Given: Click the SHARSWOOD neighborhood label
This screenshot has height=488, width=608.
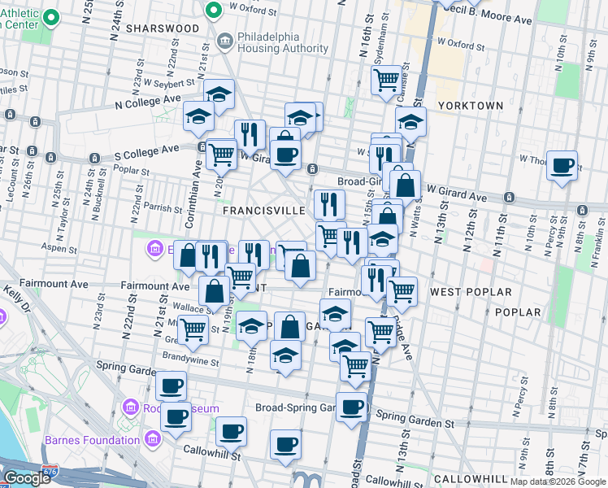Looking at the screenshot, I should point(163,28).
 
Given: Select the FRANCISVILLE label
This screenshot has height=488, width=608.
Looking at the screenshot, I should point(264,210).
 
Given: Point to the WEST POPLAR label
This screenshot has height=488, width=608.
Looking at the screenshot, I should point(471,291).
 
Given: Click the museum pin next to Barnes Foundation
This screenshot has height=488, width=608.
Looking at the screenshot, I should point(152,440).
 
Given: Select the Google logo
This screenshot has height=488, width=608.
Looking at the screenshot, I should point(28,478).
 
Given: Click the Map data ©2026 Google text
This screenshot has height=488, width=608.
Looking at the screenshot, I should point(558,481).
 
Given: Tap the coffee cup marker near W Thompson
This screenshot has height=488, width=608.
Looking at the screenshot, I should point(562,166).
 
